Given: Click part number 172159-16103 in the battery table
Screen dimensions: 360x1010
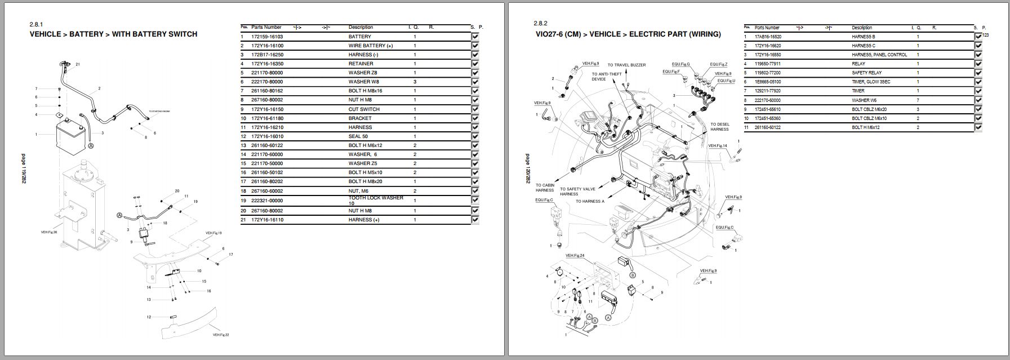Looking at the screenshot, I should pyautogui.click(x=267, y=37).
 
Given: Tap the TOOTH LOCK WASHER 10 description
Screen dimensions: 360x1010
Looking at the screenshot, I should pyautogui.click(x=376, y=201).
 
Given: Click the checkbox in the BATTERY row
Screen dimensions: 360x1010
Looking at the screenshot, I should pyautogui.click(x=475, y=37).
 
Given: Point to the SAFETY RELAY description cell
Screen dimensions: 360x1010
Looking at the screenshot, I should pyautogui.click(x=867, y=73).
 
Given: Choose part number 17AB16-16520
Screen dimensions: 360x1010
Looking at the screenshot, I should pyautogui.click(x=768, y=37).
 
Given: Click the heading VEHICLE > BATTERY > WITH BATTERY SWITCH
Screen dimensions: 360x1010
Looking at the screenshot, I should pyautogui.click(x=113, y=34).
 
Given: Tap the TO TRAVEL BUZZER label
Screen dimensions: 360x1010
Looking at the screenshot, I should pyautogui.click(x=626, y=65).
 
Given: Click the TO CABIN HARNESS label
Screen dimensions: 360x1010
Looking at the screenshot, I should pyautogui.click(x=545, y=188).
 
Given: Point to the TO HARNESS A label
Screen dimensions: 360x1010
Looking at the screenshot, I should pyautogui.click(x=590, y=201).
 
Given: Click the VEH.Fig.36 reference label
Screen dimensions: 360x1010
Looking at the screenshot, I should pyautogui.click(x=49, y=232).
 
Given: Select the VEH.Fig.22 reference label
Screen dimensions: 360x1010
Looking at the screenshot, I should pyautogui.click(x=221, y=335).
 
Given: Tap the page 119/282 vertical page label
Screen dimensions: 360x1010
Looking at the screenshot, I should pyautogui.click(x=23, y=174).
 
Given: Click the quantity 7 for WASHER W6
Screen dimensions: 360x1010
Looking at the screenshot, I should pyautogui.click(x=918, y=100).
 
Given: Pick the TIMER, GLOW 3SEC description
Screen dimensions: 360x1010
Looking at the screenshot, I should pyautogui.click(x=871, y=82).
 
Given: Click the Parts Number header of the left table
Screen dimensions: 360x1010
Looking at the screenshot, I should pyautogui.click(x=266, y=27).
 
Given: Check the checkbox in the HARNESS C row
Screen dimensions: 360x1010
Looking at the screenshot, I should pyautogui.click(x=978, y=46).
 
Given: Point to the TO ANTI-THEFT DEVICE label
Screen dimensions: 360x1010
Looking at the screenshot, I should pyautogui.click(x=602, y=77).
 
